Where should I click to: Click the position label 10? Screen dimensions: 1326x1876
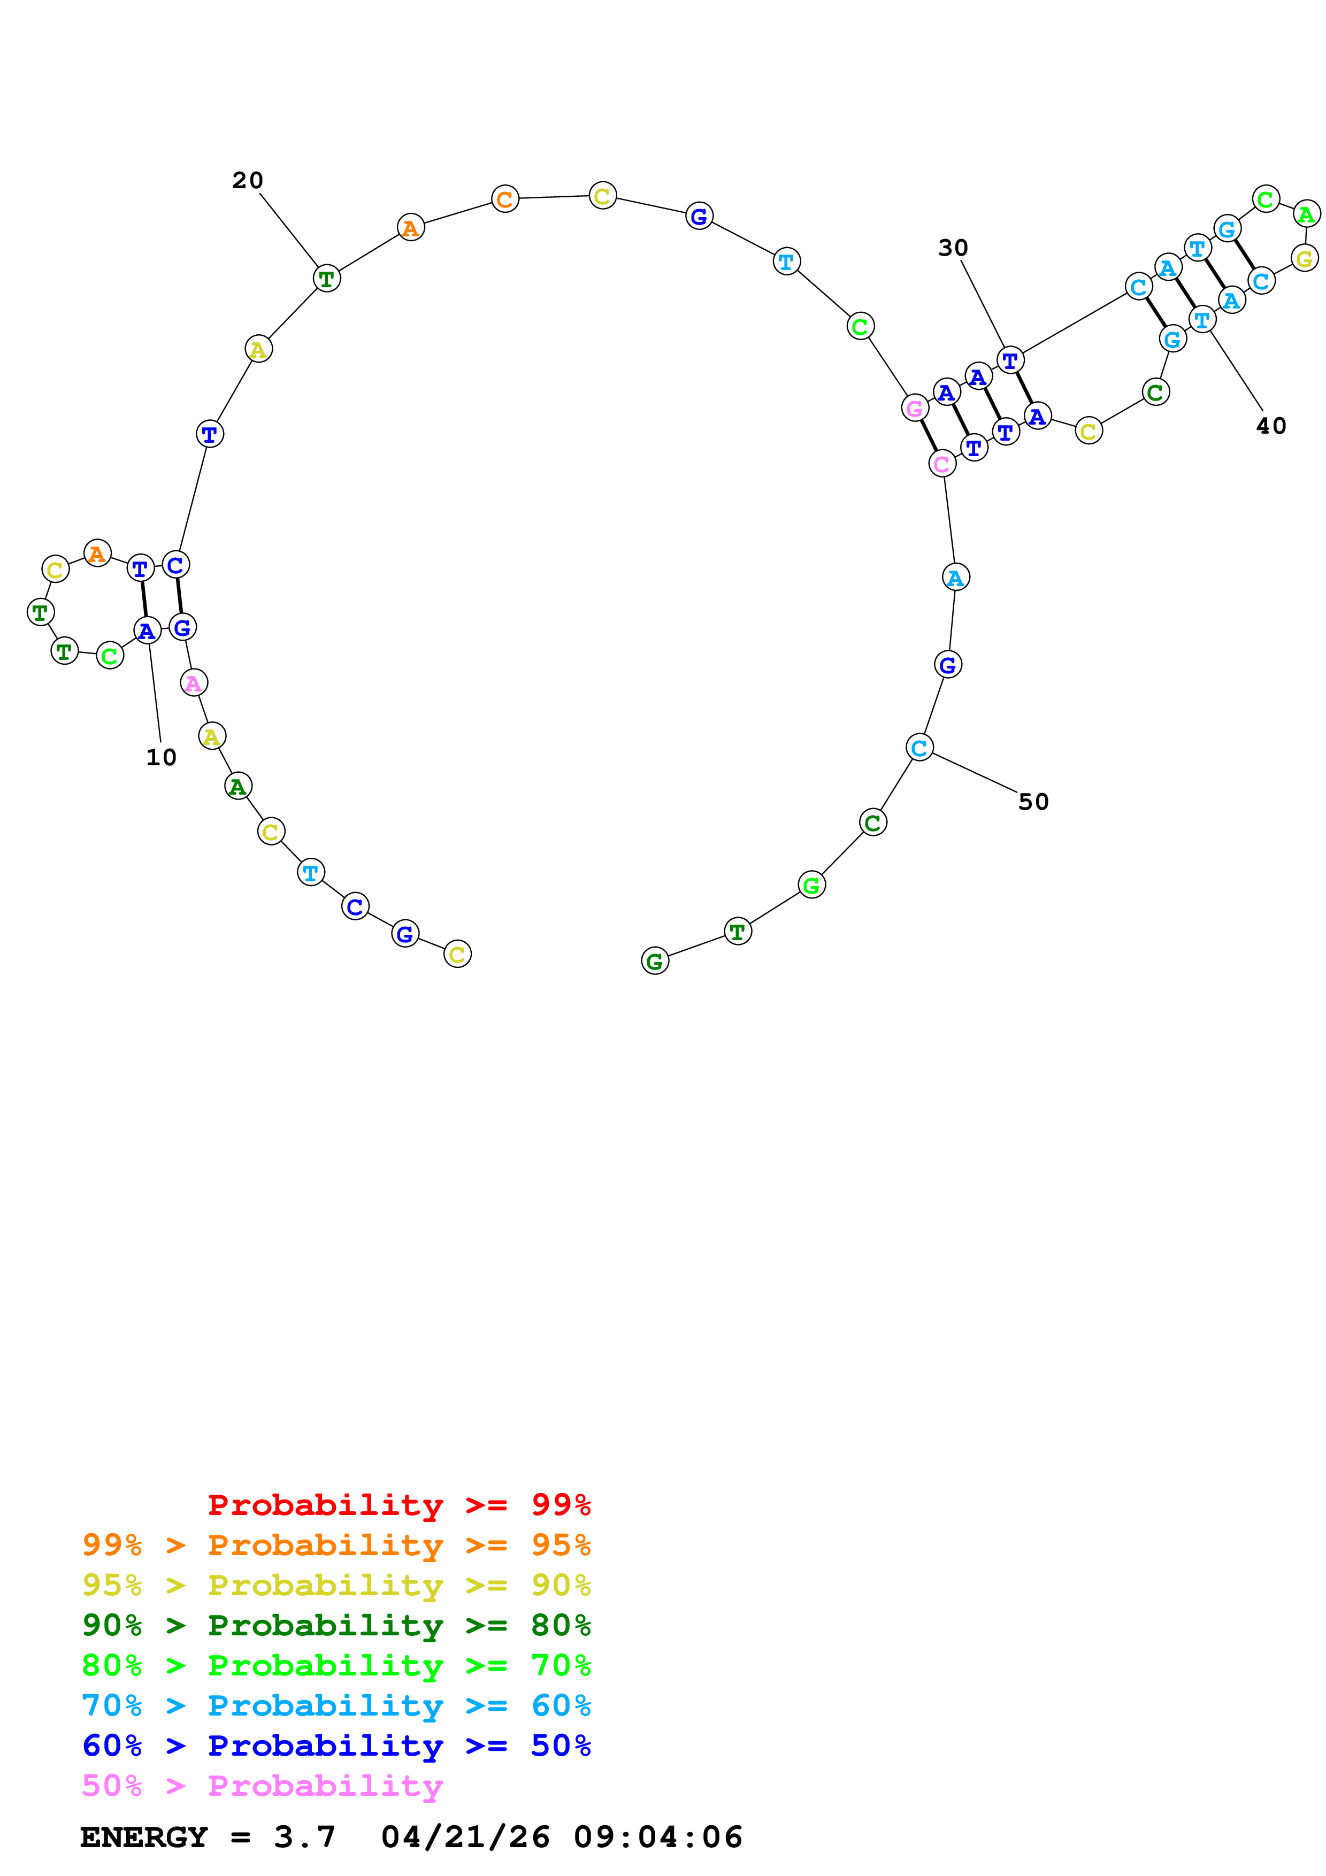pos(161,757)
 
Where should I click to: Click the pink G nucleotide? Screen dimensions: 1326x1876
pos(914,407)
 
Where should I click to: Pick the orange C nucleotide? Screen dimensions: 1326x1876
pos(505,198)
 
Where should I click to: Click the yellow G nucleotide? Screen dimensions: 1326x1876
pos(1305,258)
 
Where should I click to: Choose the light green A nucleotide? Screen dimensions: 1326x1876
pos(1306,214)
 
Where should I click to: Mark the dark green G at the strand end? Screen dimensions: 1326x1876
pos(654,961)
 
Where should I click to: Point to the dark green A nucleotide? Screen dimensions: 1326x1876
pos(237,786)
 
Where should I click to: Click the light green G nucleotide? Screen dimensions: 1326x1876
pos(811,885)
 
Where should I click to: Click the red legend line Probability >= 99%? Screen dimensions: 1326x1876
pos(398,1504)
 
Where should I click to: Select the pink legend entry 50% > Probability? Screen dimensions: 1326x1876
pos(262,1785)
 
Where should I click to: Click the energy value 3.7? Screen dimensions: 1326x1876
pos(304,1837)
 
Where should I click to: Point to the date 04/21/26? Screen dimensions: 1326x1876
pos(465,1837)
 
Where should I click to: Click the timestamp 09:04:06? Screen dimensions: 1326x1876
pos(658,1837)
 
